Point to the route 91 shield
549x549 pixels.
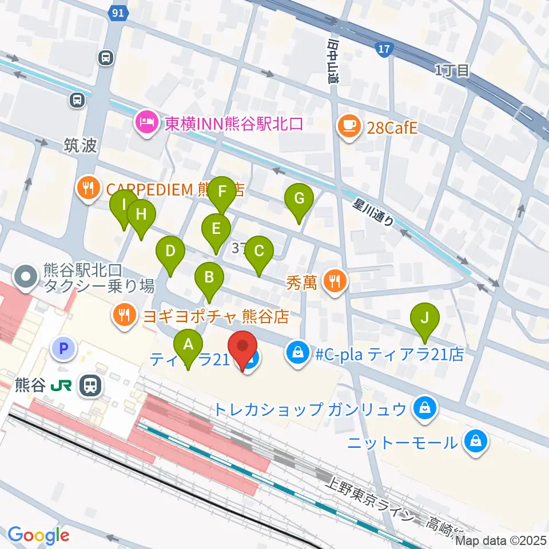[118, 13]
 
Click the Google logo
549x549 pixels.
[38, 535]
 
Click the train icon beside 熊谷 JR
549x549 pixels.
[90, 385]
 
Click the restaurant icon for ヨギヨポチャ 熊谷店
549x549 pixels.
[124, 316]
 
